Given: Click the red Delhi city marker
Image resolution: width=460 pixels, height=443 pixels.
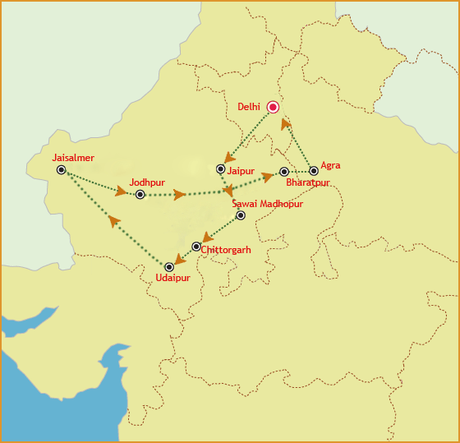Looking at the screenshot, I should [x=274, y=107].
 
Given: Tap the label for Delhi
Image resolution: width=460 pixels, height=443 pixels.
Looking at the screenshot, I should [x=248, y=107].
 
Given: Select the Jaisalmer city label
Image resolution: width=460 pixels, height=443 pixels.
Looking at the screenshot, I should [x=73, y=157].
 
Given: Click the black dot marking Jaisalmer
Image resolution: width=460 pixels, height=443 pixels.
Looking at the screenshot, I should [x=62, y=169].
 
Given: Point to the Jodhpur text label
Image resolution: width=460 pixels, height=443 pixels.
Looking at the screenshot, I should [x=147, y=182].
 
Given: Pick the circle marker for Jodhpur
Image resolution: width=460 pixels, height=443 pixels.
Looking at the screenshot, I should [x=140, y=195].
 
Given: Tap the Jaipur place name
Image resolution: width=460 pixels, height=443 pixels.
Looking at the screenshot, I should [x=241, y=170].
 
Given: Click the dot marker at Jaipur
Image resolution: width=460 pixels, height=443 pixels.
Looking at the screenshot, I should [x=220, y=169].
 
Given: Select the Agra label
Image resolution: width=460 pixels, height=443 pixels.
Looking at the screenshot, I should [x=330, y=165].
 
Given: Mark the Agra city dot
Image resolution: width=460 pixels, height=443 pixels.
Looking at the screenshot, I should [x=314, y=171].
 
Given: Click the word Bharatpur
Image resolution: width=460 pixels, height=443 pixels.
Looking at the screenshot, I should [x=307, y=182].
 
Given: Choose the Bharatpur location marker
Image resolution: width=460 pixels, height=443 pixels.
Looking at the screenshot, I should [x=284, y=172].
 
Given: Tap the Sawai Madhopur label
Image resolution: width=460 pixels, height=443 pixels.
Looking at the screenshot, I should [x=268, y=203].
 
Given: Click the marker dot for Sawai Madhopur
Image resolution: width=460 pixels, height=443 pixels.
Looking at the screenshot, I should [x=241, y=215].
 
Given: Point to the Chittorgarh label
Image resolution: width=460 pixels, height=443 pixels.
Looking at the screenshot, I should [x=226, y=249].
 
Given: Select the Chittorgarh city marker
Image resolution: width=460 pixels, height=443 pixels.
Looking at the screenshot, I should [x=195, y=247].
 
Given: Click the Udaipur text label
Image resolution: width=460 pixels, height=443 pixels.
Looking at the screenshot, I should [x=172, y=279].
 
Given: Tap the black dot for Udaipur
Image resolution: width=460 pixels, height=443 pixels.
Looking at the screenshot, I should [x=169, y=267].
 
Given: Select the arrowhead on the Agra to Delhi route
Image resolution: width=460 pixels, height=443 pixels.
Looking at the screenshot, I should [x=286, y=123].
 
